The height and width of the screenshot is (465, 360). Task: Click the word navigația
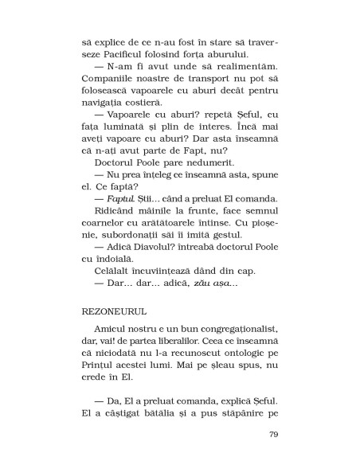tap(102, 103)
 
